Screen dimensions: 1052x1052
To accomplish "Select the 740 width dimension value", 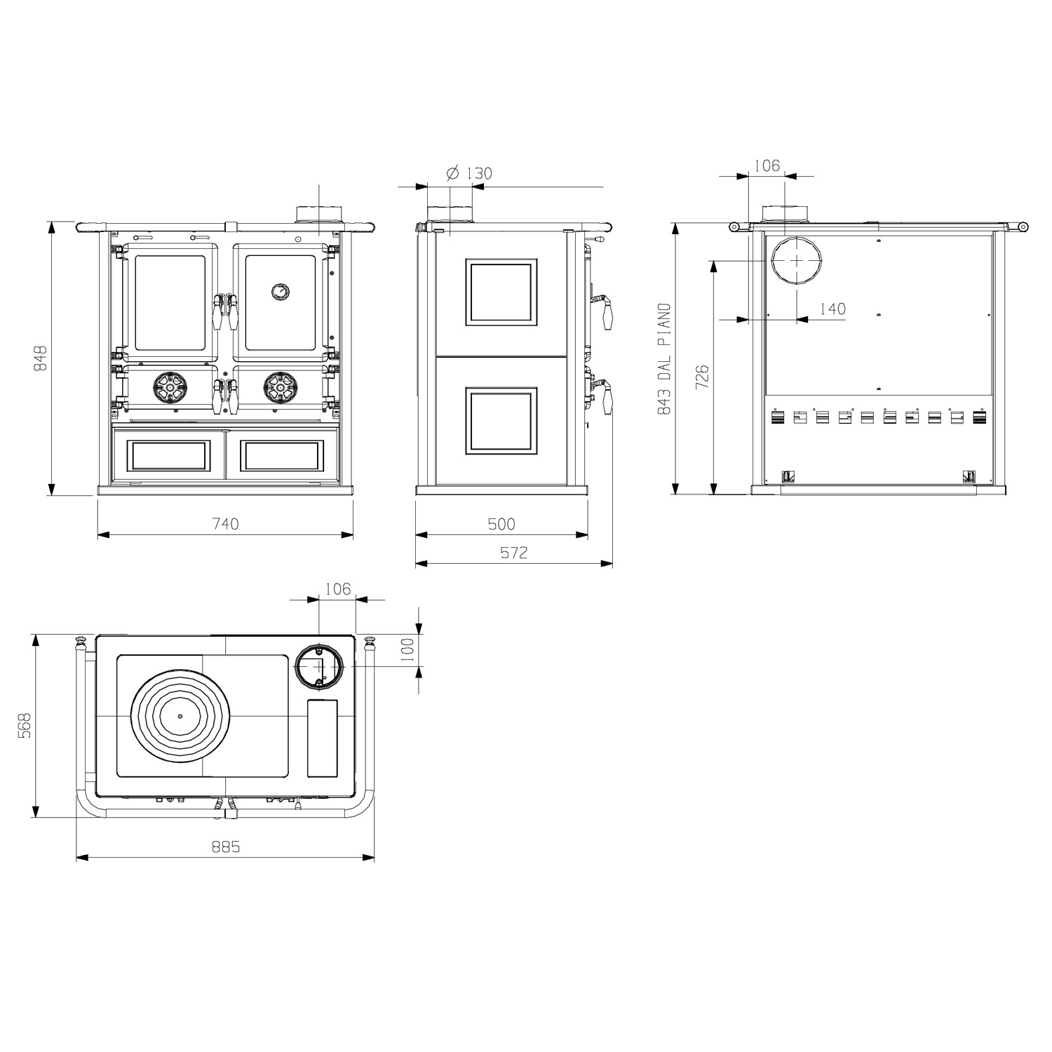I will pos(225,524).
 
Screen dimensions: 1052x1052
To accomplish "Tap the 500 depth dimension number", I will pos(501,524).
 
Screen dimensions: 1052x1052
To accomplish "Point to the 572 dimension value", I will pos(513,553).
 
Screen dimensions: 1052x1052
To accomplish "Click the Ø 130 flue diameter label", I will pos(469,173).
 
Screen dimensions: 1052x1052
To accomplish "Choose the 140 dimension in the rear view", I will pos(832,309).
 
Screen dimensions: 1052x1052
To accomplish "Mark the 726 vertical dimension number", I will pos(703,377).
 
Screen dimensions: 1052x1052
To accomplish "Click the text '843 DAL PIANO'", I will pos(663,358).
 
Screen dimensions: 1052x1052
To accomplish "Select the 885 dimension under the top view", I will pos(226,847).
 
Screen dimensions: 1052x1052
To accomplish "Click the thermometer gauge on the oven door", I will pos(281,291).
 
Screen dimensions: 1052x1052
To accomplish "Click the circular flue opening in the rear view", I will pos(797,259).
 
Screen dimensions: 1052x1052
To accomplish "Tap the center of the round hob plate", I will pos(180,716).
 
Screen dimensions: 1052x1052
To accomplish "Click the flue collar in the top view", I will pos(319,666).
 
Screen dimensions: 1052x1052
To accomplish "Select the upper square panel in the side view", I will pos(501,292).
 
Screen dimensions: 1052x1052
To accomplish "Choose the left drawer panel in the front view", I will pos(168,455).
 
